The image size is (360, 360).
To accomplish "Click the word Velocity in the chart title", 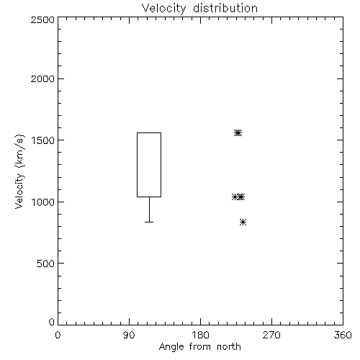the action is click(x=164, y=9).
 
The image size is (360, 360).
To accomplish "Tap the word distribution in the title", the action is click(x=225, y=8).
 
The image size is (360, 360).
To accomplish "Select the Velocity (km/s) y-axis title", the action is click(x=19, y=171).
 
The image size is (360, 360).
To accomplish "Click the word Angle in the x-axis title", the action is click(x=171, y=347).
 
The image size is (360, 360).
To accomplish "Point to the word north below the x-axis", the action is click(x=229, y=347).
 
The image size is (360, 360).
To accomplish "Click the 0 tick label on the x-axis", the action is click(x=58, y=335).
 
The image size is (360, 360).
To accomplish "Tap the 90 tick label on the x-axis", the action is click(x=129, y=335).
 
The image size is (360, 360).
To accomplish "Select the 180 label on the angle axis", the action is click(x=200, y=335).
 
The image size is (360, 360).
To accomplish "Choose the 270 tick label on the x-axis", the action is click(x=271, y=335).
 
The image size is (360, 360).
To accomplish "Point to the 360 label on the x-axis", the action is click(x=343, y=335).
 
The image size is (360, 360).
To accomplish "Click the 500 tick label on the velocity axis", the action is click(x=46, y=264).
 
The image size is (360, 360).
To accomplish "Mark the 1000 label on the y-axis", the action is click(x=43, y=202).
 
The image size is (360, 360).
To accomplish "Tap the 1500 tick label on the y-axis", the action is click(x=43, y=140).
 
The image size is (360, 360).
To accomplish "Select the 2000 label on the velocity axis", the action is click(x=42, y=78).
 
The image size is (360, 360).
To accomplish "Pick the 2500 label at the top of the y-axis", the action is click(x=42, y=19).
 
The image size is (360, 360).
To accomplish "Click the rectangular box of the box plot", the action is click(x=137, y=165).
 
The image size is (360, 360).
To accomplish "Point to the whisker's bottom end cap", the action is click(x=149, y=222).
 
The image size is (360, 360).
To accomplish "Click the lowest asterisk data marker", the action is click(x=243, y=222).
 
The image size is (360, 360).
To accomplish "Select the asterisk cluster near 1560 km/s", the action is click(x=238, y=132).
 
